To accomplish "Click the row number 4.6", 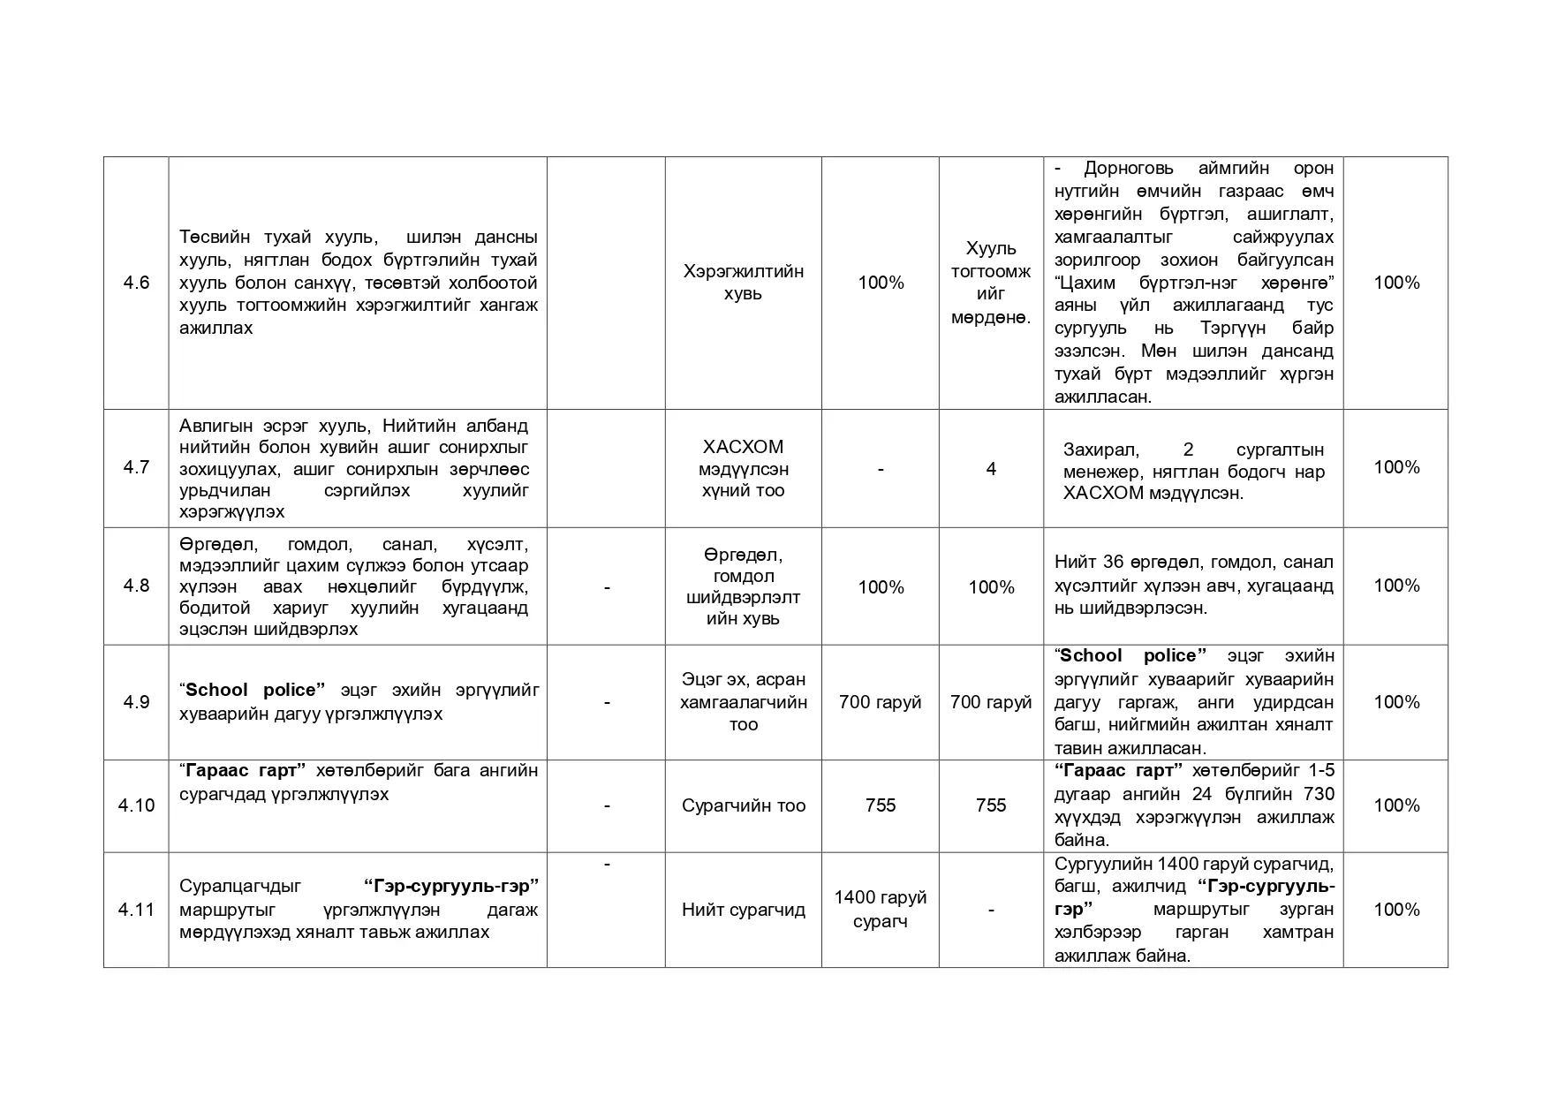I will point(136,283).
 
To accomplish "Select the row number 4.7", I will point(136,467).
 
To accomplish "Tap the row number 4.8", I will point(136,586).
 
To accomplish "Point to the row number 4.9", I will point(136,702).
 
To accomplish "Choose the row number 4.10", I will point(136,805).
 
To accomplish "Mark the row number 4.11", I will point(136,910).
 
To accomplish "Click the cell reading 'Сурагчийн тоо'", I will point(743,805).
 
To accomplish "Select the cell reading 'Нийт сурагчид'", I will point(743,910).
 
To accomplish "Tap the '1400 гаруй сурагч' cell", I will point(880,910).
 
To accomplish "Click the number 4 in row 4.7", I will point(991,469).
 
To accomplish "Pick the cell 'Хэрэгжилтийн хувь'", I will point(743,283).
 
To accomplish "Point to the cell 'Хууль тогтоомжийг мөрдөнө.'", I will point(991,283).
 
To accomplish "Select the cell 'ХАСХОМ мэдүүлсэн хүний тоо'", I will point(743,469).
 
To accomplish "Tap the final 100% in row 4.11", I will point(1396,910).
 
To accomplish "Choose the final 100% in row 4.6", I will point(1396,283).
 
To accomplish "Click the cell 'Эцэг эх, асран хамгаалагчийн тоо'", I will point(743,702).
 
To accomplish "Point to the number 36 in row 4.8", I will point(1114,563).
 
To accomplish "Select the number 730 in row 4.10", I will point(1319,794).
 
